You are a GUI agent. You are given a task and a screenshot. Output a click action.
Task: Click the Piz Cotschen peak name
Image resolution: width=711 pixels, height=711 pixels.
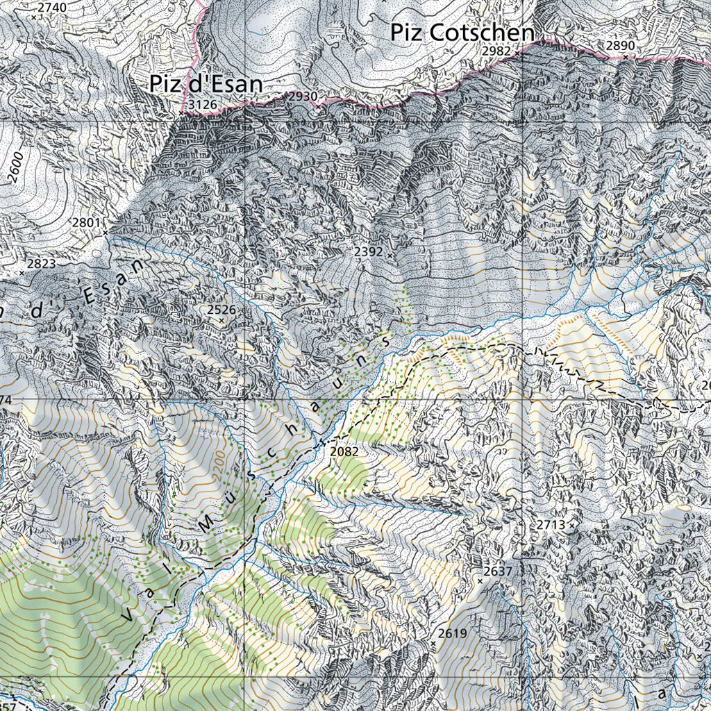point(462,33)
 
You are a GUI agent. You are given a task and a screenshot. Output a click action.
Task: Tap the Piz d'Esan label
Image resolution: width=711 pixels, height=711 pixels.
point(206,84)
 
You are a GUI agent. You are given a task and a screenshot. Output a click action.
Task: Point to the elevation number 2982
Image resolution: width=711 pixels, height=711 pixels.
point(496,51)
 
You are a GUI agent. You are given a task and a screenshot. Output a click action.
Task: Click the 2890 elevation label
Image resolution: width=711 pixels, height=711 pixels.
point(620,46)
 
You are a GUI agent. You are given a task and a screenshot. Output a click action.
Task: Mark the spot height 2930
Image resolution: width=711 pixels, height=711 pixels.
point(303,97)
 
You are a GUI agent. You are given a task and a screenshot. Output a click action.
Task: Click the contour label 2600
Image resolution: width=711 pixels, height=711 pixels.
point(17,167)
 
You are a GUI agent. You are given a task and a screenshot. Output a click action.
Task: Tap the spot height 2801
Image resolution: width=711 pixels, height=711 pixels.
point(87,223)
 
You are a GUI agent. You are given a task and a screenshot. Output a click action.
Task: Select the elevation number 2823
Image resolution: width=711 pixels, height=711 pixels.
point(41,264)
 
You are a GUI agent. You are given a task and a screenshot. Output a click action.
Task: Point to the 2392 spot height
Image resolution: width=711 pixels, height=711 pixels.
point(368,252)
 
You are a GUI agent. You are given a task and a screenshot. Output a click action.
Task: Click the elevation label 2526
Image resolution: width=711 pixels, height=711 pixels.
point(221,310)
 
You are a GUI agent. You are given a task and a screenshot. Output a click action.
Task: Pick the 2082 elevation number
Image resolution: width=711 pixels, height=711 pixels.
point(344,452)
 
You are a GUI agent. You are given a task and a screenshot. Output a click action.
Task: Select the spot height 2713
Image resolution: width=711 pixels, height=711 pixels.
point(551,525)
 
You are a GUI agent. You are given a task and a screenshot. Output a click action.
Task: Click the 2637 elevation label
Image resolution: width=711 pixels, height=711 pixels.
point(497,571)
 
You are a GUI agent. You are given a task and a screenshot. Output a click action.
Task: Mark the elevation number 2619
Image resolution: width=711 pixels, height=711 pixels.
point(453,633)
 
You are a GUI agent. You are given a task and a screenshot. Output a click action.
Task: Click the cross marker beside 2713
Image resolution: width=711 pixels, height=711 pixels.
point(572,526)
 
